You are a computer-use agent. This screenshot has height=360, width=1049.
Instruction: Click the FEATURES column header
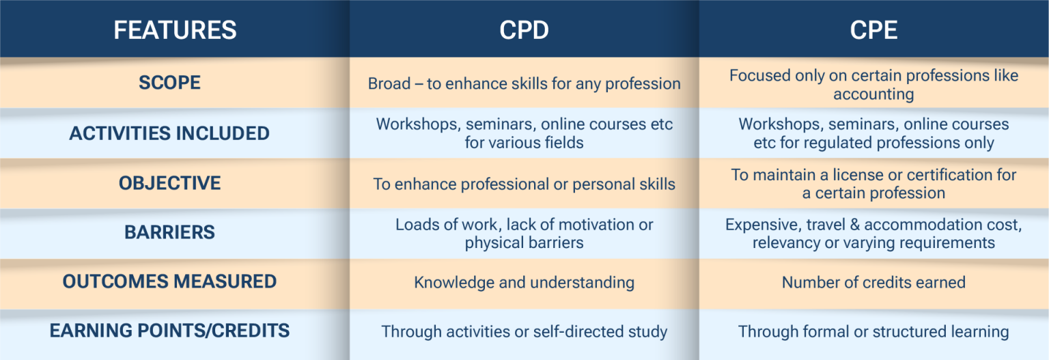point(175,30)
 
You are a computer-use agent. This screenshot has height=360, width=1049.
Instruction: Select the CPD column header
point(524,30)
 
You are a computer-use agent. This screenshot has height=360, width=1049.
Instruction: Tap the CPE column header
point(873,30)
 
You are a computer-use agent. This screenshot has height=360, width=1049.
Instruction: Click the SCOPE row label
point(169,83)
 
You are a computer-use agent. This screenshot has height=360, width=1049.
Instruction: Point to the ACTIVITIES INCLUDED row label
point(169,133)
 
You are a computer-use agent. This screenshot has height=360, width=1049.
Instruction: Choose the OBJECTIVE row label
point(169,183)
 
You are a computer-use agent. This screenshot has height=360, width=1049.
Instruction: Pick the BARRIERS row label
point(169,232)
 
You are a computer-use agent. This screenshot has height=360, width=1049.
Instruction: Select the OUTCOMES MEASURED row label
point(169,281)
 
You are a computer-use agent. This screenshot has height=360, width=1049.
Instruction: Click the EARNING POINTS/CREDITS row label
point(169,331)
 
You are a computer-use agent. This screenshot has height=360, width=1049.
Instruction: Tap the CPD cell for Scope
point(524,84)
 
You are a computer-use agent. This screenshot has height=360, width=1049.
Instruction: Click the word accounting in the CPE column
point(873,94)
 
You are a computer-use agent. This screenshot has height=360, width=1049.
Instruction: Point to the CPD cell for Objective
point(524,184)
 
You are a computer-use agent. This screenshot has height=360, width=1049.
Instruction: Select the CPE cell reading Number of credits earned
point(873,282)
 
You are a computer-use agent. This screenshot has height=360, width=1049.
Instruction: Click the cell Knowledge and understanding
point(524,282)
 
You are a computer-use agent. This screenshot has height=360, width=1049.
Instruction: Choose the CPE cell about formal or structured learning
point(873,332)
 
